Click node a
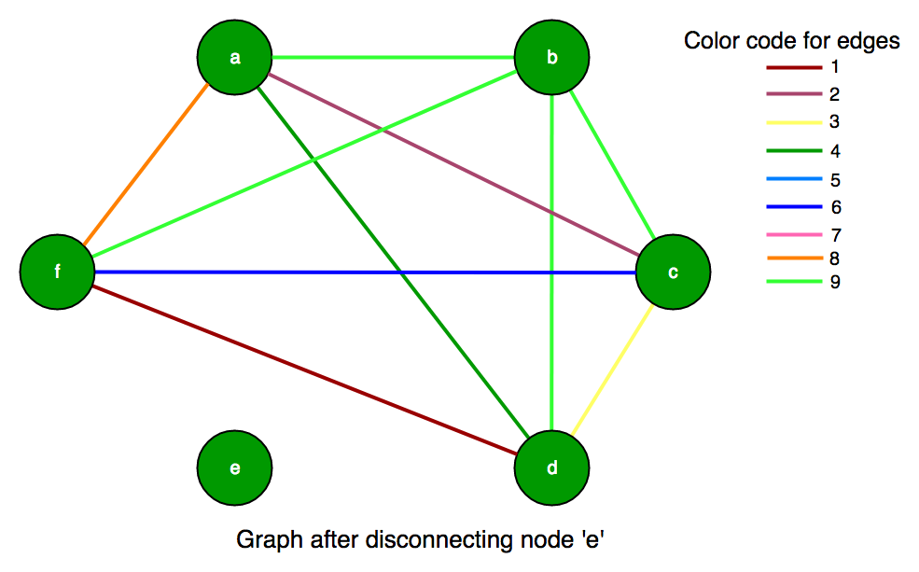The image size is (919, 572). (x=234, y=58)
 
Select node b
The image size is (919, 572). (x=551, y=58)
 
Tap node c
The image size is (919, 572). (x=673, y=272)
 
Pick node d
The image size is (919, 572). (x=551, y=467)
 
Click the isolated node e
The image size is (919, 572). (x=234, y=467)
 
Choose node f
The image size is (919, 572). (x=57, y=272)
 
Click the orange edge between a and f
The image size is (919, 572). (x=146, y=165)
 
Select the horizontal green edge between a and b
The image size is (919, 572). (x=393, y=58)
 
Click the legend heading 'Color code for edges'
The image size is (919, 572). (x=791, y=41)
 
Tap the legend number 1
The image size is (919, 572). (x=834, y=67)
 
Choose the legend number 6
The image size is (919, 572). (x=834, y=207)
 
